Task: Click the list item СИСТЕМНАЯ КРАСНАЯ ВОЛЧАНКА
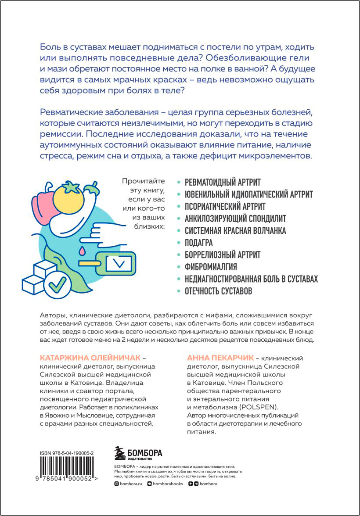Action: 235,230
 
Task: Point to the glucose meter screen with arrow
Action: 119,263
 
